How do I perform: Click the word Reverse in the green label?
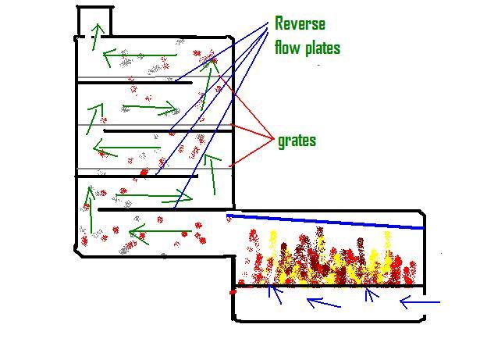[x=299, y=23]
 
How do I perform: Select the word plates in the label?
[x=322, y=48]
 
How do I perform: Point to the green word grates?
[x=297, y=141]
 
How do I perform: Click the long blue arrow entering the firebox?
[x=421, y=301]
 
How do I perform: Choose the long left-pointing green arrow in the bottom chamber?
[x=161, y=232]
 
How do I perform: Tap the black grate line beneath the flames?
[x=328, y=287]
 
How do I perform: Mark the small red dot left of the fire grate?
[x=232, y=291]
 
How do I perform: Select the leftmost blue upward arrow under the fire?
[x=273, y=294]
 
